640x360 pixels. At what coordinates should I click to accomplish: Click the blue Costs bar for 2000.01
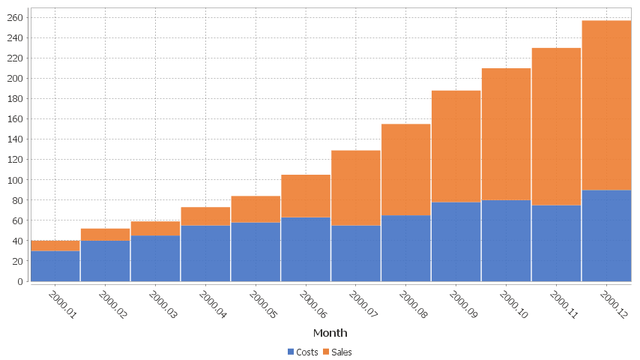coord(55,266)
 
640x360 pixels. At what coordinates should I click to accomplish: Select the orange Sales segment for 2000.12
coord(606,105)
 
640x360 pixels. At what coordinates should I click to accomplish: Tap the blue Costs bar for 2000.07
coord(356,253)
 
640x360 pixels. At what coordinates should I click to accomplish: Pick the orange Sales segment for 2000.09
coord(456,146)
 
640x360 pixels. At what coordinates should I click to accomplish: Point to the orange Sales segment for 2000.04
coord(205,216)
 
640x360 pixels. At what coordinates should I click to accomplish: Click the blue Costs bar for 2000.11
coord(556,243)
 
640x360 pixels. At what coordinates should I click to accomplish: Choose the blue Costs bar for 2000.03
coord(155,259)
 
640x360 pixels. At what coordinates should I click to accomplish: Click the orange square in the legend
coord(327,352)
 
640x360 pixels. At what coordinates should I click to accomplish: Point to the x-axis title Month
coord(330,332)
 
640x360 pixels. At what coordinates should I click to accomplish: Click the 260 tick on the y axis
coord(15,17)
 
